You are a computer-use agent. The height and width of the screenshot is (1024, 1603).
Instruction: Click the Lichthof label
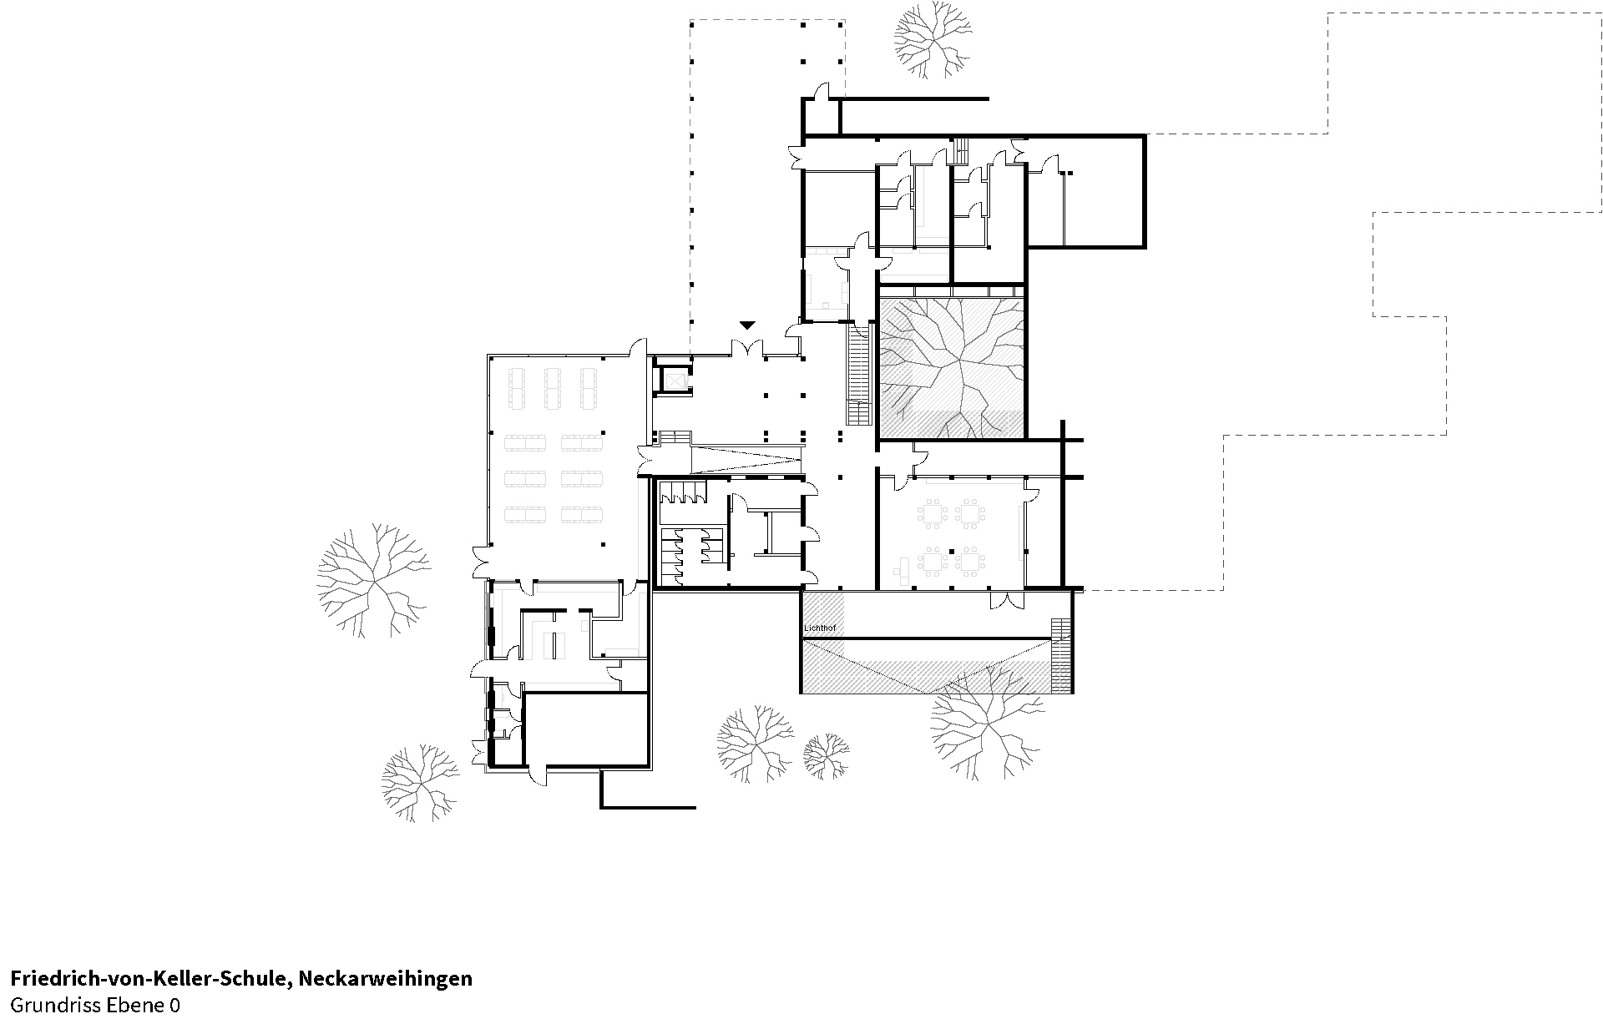[x=819, y=627]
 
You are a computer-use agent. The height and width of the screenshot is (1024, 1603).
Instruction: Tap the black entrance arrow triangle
[x=747, y=325]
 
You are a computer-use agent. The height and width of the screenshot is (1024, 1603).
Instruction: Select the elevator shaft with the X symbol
[x=673, y=381]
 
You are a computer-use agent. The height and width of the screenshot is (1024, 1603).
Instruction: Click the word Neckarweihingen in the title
[x=385, y=978]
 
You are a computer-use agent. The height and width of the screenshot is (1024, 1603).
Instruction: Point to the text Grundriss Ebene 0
[x=94, y=1005]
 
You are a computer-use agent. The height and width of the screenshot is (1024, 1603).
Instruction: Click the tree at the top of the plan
[x=933, y=40]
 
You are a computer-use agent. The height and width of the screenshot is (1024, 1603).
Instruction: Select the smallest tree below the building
[x=826, y=756]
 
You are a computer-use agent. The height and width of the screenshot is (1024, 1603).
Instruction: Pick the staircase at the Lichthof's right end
[x=1060, y=655]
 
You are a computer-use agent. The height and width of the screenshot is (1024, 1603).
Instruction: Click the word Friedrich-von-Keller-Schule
[x=149, y=978]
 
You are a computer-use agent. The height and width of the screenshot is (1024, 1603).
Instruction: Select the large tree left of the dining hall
[x=372, y=578]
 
